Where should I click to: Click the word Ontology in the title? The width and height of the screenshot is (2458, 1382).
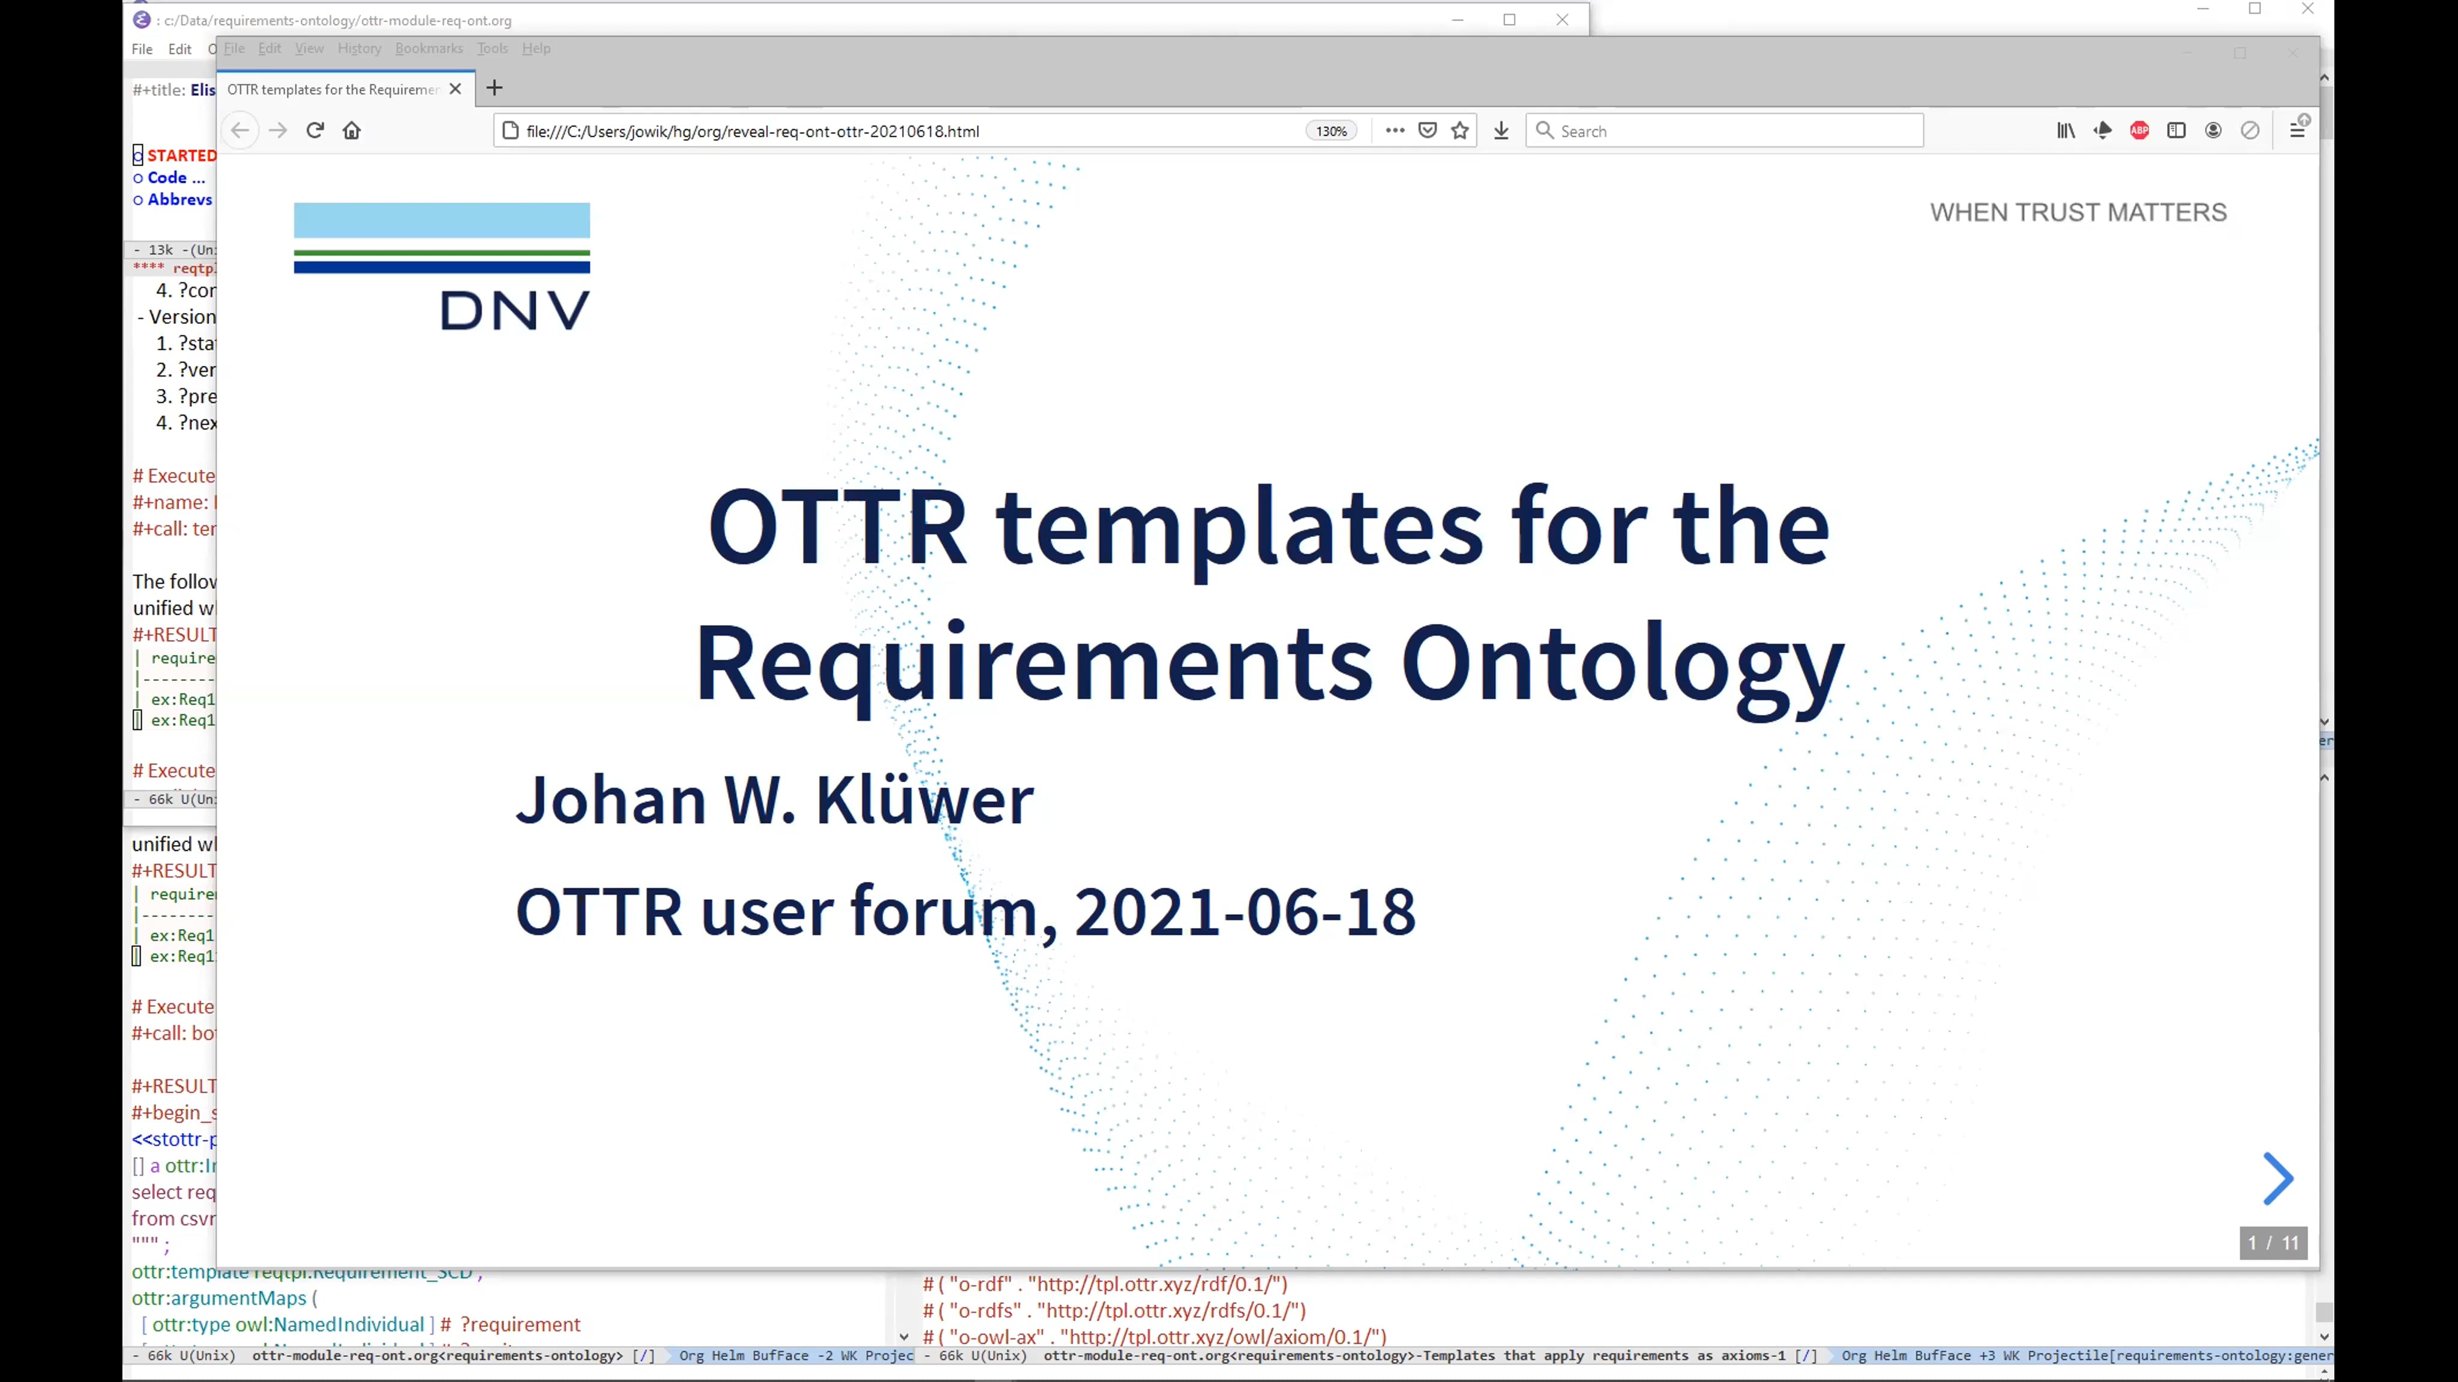(x=1621, y=663)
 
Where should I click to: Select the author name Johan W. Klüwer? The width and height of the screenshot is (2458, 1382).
(x=774, y=799)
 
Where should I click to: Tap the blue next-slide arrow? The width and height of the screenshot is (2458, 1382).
(x=2277, y=1179)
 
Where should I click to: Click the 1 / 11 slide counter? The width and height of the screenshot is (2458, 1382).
(x=2273, y=1243)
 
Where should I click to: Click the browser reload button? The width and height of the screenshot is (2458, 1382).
(x=315, y=131)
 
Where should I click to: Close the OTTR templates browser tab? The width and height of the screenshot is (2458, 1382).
(x=455, y=89)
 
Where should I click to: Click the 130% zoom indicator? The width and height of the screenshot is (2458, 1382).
(x=1331, y=131)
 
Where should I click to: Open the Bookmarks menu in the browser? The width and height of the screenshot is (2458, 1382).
(x=428, y=49)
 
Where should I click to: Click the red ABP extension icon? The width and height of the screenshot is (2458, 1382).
(x=2139, y=131)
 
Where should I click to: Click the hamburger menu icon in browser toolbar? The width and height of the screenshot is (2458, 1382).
(x=2297, y=131)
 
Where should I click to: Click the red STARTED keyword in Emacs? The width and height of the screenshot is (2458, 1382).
(x=181, y=155)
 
